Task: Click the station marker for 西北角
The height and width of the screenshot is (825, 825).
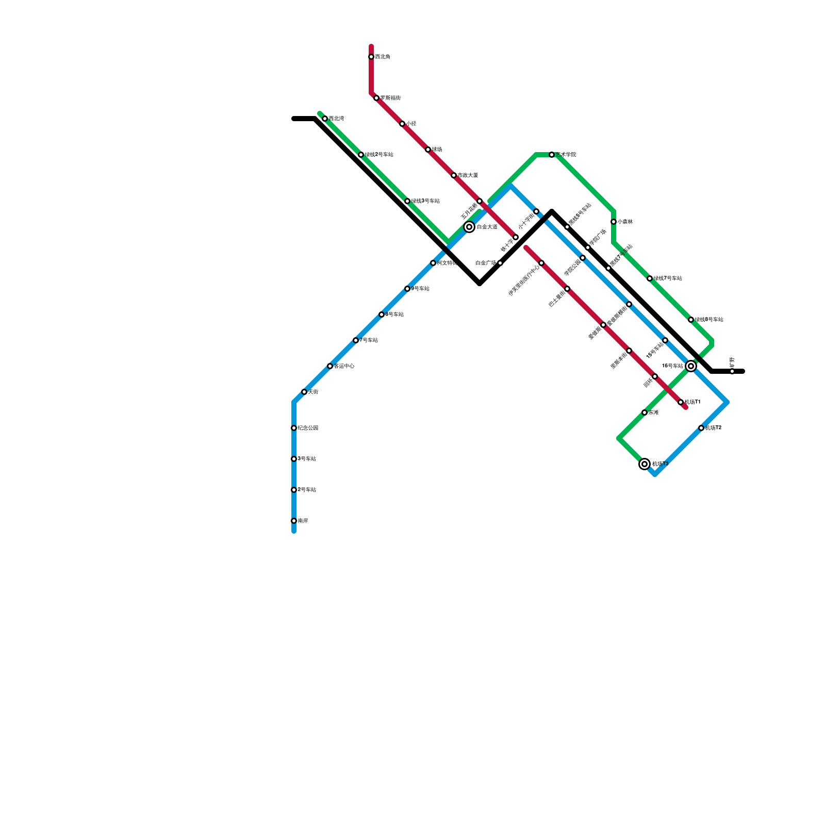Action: pyautogui.click(x=371, y=57)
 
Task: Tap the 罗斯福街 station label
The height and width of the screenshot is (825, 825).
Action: pyautogui.click(x=390, y=98)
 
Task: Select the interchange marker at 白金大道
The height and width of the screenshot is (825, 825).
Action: pyautogui.click(x=469, y=227)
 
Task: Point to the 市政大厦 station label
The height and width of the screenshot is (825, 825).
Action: pyautogui.click(x=468, y=175)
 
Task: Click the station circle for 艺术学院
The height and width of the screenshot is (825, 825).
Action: pyautogui.click(x=552, y=155)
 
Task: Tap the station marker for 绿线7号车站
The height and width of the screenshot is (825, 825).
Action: pyautogui.click(x=650, y=278)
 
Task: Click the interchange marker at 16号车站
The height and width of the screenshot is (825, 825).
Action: pyautogui.click(x=691, y=366)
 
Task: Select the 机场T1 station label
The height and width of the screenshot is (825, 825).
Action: pyautogui.click(x=692, y=402)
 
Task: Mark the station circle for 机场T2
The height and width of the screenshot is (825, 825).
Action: pyautogui.click(x=701, y=428)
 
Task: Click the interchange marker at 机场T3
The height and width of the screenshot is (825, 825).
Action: pyautogui.click(x=645, y=464)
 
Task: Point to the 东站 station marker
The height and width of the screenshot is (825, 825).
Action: pyautogui.click(x=645, y=412)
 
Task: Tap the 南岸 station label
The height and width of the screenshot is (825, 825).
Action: pyautogui.click(x=303, y=521)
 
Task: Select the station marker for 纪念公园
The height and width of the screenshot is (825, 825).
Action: pyautogui.click(x=294, y=428)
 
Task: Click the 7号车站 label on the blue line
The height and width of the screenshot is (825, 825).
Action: pyautogui.click(x=369, y=340)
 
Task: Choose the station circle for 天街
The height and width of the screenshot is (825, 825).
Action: pyautogui.click(x=304, y=392)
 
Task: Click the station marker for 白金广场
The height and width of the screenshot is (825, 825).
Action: pyautogui.click(x=500, y=263)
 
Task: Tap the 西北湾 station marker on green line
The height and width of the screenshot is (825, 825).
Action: pyautogui.click(x=325, y=119)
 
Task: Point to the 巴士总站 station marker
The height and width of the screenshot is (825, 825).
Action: pyautogui.click(x=567, y=289)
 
